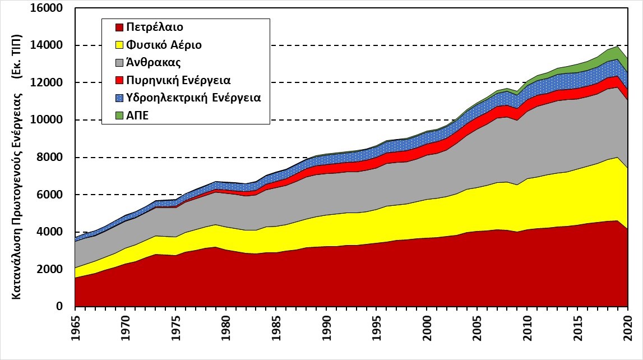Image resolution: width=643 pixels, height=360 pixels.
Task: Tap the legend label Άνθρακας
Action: [149, 62]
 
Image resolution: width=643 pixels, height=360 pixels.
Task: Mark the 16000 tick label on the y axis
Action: [53, 9]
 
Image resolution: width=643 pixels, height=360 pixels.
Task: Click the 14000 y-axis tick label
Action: [53, 46]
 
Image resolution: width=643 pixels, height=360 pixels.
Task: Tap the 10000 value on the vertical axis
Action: [53, 121]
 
